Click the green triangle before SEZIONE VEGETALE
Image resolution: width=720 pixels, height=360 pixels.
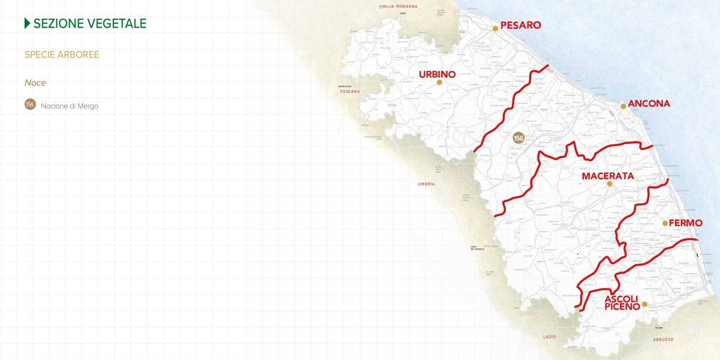click(x=27, y=23)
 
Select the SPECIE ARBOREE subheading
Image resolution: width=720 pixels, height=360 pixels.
click(x=62, y=55)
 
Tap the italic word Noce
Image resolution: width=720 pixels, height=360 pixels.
click(x=35, y=83)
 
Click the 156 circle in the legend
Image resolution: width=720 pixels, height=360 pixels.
click(x=30, y=104)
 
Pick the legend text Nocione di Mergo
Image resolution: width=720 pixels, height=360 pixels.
click(x=70, y=106)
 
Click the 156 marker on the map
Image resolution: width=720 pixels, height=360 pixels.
click(x=519, y=138)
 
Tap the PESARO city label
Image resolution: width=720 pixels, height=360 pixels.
click(x=521, y=25)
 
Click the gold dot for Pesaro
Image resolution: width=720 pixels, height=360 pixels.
click(x=496, y=28)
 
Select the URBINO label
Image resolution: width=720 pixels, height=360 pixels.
click(x=437, y=74)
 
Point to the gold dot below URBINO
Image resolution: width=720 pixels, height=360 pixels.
click(x=439, y=83)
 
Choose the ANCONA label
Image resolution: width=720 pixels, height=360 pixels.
click(x=649, y=104)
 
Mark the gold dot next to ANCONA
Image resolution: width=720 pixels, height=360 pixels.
click(x=623, y=106)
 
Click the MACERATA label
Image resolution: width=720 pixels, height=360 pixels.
click(x=608, y=176)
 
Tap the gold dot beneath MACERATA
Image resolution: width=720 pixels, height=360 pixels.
click(x=609, y=184)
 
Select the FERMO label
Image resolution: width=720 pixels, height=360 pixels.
click(x=686, y=223)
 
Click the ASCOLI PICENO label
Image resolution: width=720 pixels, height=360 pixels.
click(x=622, y=303)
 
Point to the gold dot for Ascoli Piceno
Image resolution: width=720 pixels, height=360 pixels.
click(x=644, y=304)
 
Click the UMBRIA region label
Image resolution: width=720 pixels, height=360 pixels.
click(x=426, y=184)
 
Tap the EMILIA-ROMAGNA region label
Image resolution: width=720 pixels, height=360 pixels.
click(x=398, y=7)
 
